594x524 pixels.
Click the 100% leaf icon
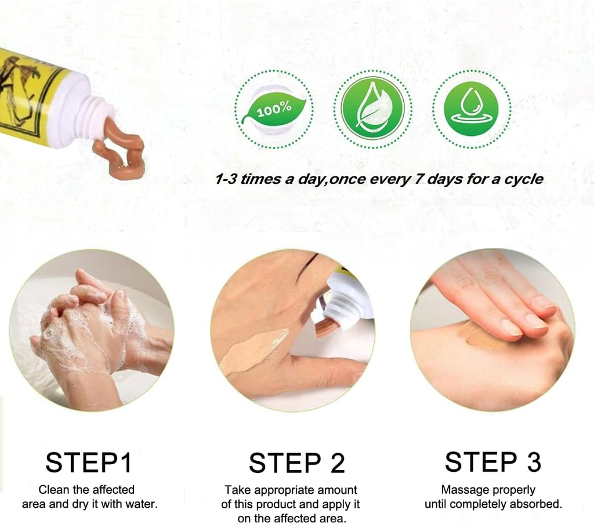274,109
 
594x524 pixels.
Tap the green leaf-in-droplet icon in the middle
373,109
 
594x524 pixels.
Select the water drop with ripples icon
471,109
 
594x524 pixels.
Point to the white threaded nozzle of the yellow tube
97,118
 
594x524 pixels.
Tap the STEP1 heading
89,463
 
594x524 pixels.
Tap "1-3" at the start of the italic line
226,179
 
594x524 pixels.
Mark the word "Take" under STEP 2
237,490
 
